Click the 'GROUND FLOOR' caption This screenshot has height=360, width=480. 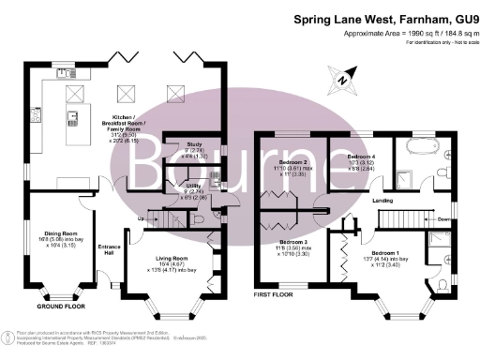[61, 306]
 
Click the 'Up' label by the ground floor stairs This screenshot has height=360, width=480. [141, 219]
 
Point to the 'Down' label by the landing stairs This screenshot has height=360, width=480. [442, 221]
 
